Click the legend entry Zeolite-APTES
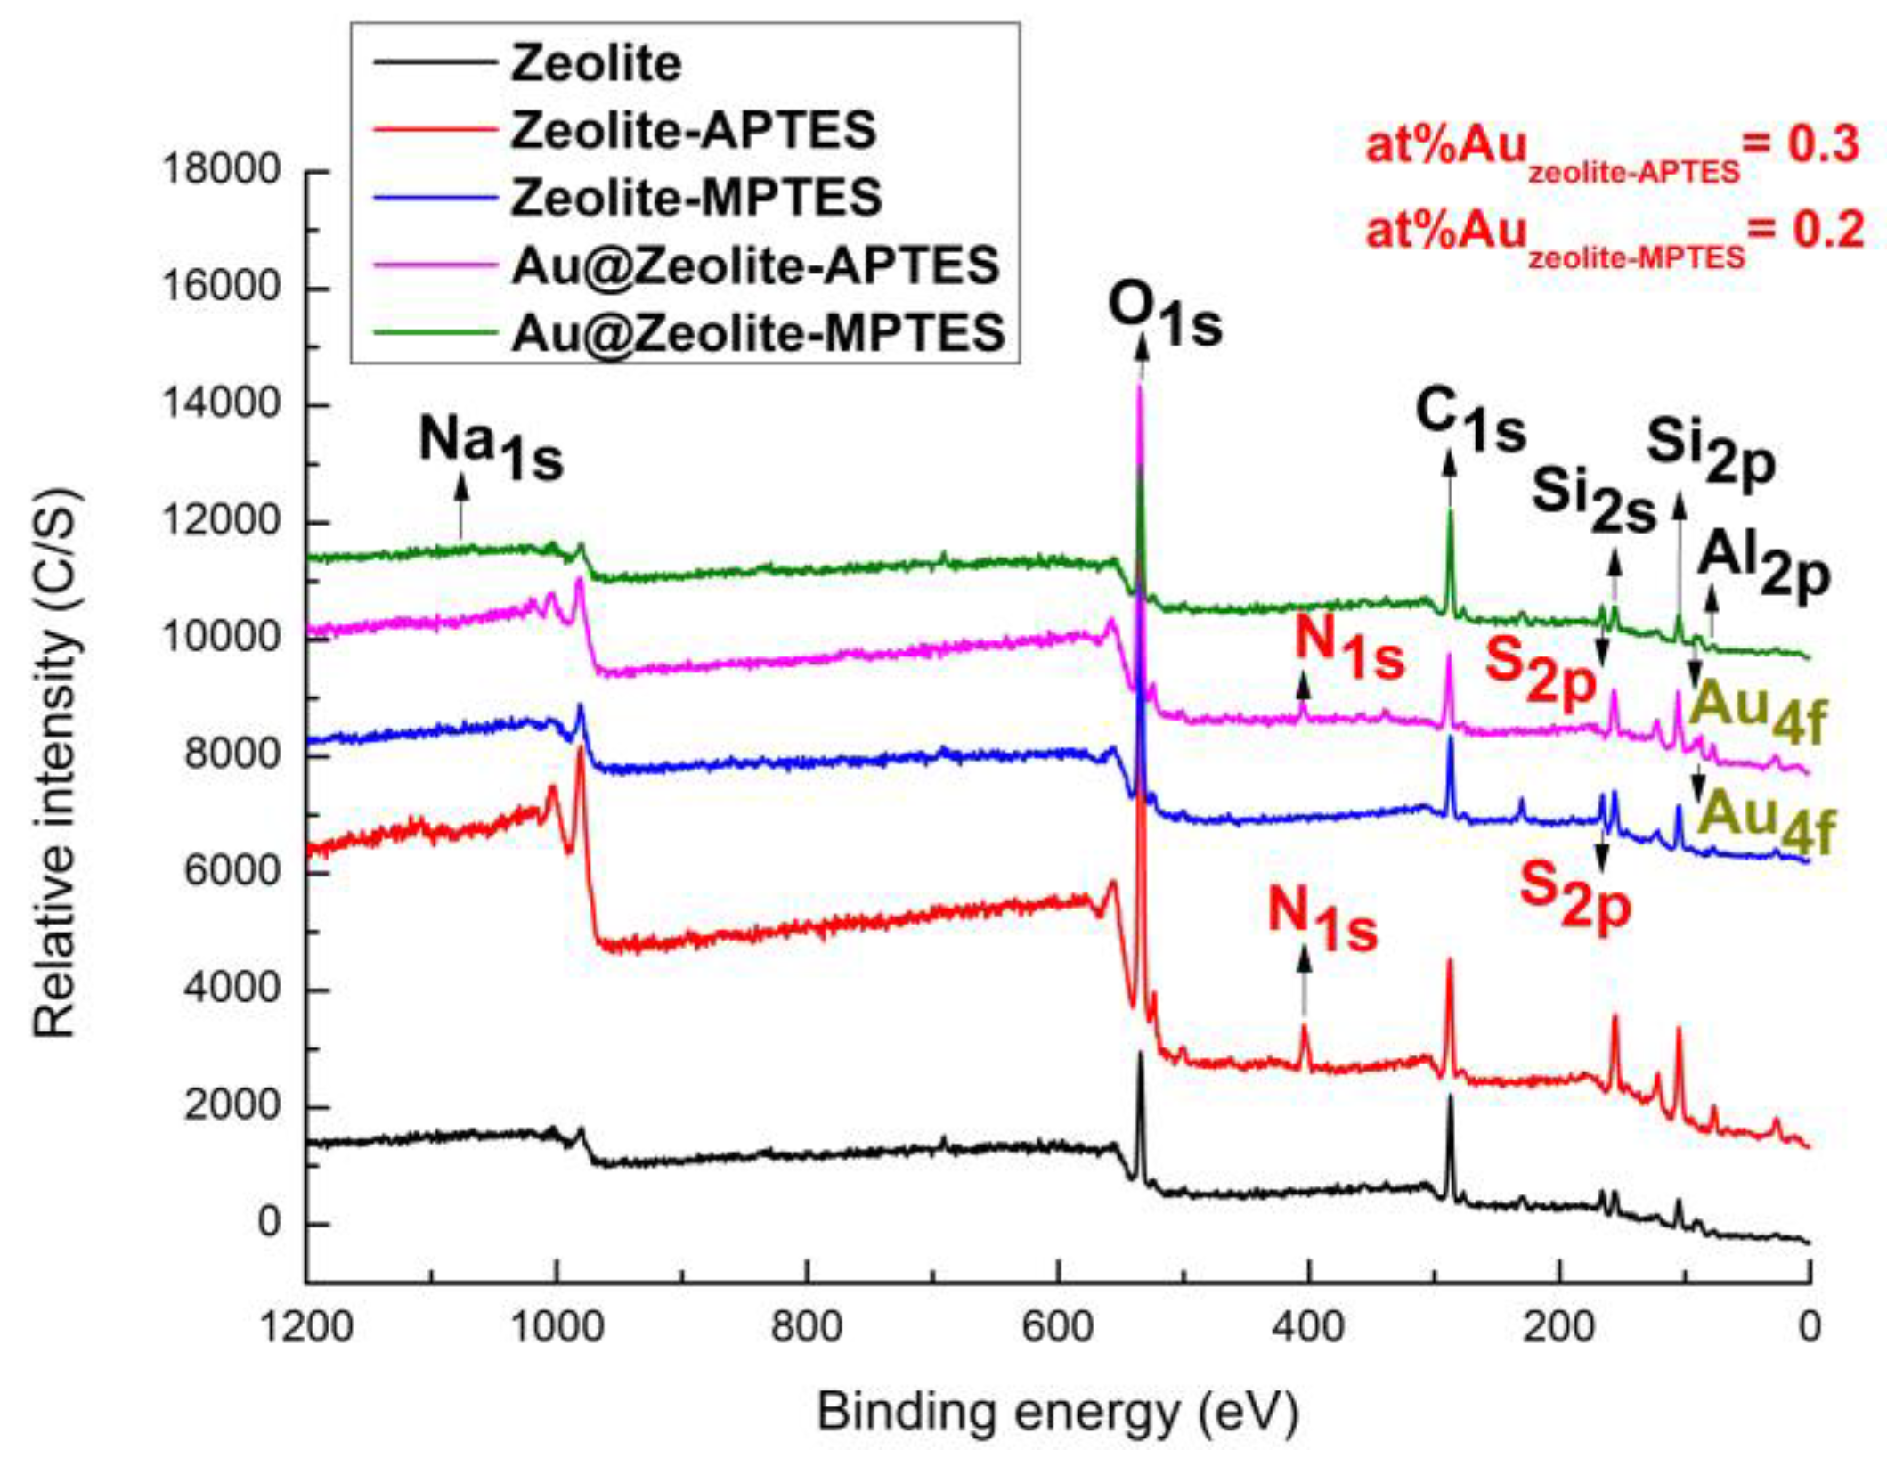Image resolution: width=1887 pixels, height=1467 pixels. coord(693,131)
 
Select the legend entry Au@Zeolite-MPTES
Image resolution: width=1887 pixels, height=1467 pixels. coord(758,333)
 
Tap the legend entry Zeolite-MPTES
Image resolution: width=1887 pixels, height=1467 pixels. coord(695,198)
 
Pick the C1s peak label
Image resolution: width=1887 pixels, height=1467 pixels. coord(1470,420)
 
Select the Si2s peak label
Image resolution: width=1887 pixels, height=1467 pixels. coord(1593,499)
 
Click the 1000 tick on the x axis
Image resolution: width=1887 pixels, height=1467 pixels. coord(557,1328)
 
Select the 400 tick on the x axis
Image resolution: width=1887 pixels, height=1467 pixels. coord(1307,1328)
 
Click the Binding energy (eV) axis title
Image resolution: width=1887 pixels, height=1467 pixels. coord(1057,1414)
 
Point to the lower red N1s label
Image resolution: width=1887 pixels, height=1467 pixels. coord(1322,922)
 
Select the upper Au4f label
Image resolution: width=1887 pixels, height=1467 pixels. coord(1757,713)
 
